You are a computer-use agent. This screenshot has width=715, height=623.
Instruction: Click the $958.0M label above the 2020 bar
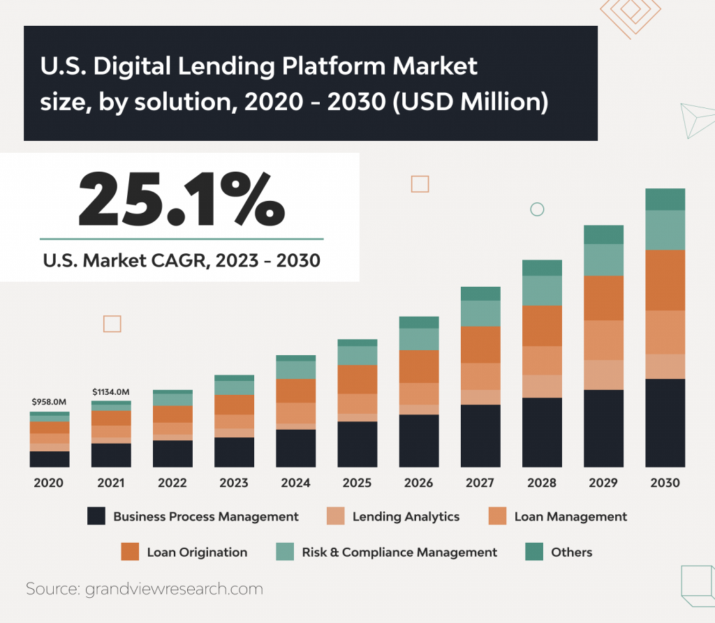pos(49,402)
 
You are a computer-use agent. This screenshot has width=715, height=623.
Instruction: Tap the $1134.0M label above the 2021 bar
pos(111,391)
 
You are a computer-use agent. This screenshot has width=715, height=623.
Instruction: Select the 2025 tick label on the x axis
pos(357,483)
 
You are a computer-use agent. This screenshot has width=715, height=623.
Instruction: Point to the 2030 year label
pos(665,483)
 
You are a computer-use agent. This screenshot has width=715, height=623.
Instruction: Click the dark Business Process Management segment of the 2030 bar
pos(665,423)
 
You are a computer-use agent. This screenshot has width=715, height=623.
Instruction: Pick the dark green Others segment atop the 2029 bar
pos(603,234)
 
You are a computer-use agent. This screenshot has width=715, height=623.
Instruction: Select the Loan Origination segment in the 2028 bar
pos(542,326)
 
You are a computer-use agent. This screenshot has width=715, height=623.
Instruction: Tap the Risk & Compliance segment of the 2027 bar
pos(480,313)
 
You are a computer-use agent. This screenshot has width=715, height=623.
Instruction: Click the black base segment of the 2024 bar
pos(295,448)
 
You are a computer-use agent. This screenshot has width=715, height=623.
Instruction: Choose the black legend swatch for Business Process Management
pos(96,516)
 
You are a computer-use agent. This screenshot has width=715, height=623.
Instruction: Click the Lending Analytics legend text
pos(406,516)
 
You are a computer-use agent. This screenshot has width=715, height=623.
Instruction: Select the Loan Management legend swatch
pos(497,516)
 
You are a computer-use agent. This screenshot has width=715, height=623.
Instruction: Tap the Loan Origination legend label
pos(197,552)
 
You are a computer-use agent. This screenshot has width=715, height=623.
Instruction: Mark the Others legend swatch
pos(534,552)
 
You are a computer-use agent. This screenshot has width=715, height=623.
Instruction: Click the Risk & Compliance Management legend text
pos(399,552)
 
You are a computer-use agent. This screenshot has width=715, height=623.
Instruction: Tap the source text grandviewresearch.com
pos(174,589)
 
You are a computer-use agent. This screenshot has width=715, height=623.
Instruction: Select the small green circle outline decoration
pos(537,209)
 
